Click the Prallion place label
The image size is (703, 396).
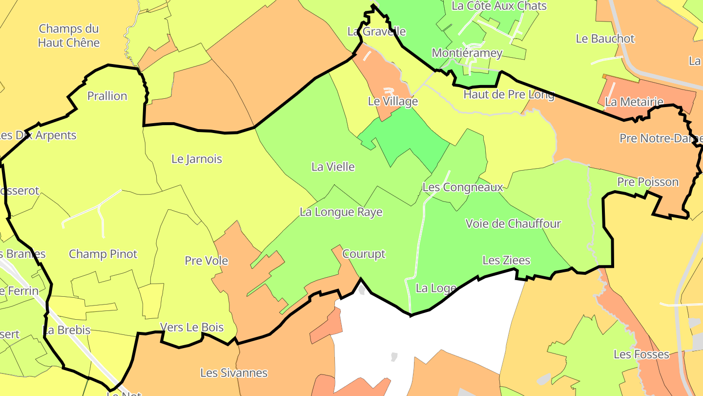[x=107, y=96]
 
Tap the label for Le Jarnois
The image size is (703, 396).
[x=197, y=159]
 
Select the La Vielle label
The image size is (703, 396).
[x=333, y=167]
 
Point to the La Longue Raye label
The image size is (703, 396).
[x=341, y=212]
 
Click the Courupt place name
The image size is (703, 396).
[x=364, y=254]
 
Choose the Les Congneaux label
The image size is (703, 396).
[x=462, y=187]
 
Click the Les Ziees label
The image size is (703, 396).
[x=506, y=260]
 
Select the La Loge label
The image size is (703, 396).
[x=436, y=288]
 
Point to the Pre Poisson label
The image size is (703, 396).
[x=648, y=182]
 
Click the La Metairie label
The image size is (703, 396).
[x=634, y=102]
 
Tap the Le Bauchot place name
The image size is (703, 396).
[x=605, y=39]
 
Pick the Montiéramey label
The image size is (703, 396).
[x=467, y=53]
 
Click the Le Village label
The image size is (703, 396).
[x=393, y=101]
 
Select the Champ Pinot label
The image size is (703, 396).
[x=103, y=254]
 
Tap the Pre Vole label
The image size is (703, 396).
[x=207, y=261]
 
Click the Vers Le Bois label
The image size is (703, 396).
[x=192, y=328]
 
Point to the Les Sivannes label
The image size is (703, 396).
[x=234, y=373]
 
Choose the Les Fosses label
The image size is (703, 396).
[x=641, y=354]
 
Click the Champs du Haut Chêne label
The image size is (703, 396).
[x=69, y=36]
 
